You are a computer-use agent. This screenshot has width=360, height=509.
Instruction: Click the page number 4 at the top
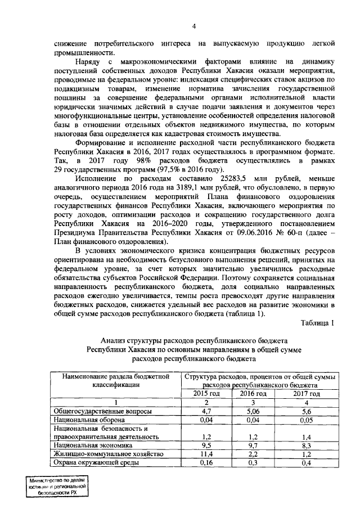tap(193, 26)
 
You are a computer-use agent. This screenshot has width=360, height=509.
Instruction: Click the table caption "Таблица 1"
tap(317, 322)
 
